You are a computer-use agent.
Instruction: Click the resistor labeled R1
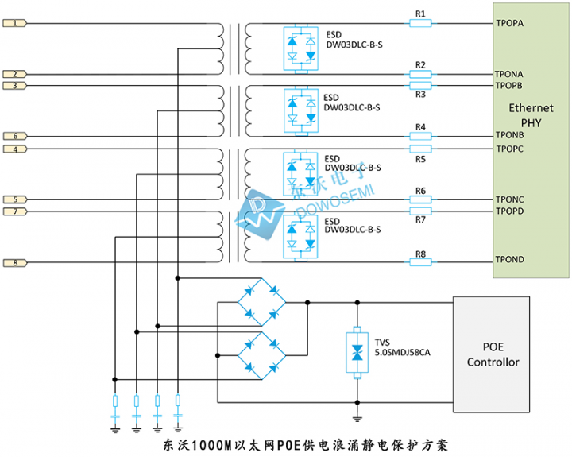(420, 24)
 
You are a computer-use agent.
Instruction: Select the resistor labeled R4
(420, 136)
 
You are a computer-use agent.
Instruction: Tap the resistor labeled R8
(420, 262)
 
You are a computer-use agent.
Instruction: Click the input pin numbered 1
(15, 24)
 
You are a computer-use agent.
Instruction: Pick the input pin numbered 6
(15, 136)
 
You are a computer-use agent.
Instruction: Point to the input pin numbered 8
(15, 262)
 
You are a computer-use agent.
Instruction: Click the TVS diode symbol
(357, 352)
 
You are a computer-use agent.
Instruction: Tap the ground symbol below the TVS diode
(357, 418)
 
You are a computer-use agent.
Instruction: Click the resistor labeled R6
(420, 199)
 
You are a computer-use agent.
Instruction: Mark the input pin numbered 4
(15, 149)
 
